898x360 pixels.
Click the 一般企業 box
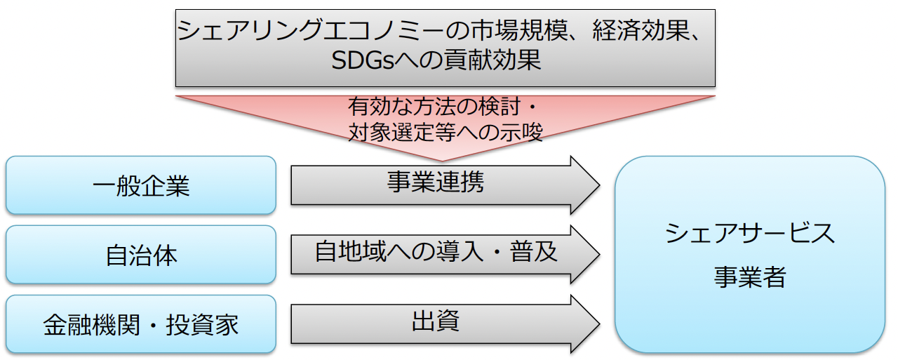140,185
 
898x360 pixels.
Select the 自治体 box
140,255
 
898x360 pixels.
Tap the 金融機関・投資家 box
140,324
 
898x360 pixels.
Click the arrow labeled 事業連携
435,184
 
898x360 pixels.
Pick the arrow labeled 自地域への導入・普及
435,253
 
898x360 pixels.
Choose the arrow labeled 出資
435,322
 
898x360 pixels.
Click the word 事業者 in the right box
749,277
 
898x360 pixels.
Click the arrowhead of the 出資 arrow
586,324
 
